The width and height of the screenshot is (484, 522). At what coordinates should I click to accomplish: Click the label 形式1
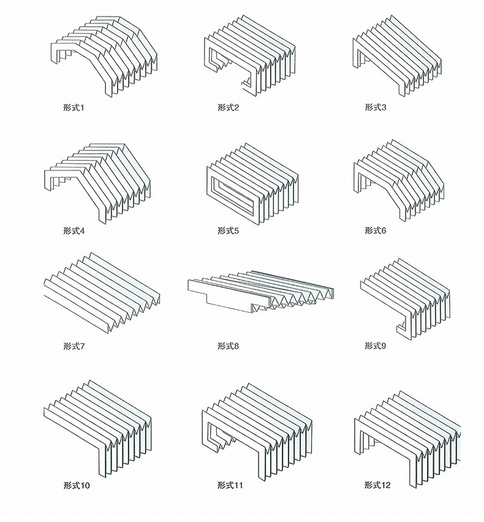tap(74, 108)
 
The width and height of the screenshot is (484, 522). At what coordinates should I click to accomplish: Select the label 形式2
tap(229, 107)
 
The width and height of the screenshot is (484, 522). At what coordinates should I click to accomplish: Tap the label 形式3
tap(376, 107)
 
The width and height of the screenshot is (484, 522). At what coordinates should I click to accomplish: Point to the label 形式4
tap(74, 231)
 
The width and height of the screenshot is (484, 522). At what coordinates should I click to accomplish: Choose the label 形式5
tap(229, 231)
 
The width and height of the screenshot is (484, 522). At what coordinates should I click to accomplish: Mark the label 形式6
tap(376, 231)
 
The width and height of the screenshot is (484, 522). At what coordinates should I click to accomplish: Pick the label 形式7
tap(74, 346)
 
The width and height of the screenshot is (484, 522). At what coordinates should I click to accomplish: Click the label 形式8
tap(229, 346)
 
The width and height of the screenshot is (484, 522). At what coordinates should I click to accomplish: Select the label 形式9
tap(376, 345)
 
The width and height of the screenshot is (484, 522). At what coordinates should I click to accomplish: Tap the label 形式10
tap(77, 485)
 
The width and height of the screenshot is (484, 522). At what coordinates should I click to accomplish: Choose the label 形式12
tap(377, 485)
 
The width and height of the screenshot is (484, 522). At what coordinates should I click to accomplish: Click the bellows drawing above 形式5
tap(252, 184)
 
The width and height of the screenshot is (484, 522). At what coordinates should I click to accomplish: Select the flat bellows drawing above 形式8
tap(261, 292)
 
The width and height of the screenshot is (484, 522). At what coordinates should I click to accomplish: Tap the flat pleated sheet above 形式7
tap(102, 293)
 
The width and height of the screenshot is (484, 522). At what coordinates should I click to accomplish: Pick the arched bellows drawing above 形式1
tap(104, 56)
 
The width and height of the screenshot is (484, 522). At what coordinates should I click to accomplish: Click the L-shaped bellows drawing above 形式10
tap(97, 429)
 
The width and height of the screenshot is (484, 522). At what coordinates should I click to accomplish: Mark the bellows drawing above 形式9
tap(406, 299)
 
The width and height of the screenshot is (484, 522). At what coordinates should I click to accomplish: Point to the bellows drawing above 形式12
tap(407, 439)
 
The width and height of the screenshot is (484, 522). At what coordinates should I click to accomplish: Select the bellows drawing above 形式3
tap(397, 56)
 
